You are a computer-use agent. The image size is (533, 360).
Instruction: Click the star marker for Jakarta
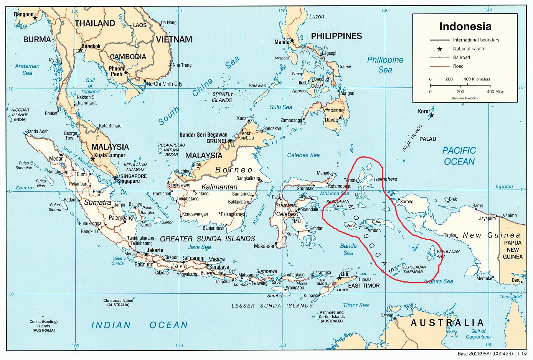[x=146, y=254]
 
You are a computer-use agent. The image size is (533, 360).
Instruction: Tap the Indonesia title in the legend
[x=465, y=27]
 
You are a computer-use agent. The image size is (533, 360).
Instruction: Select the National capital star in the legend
[x=440, y=49]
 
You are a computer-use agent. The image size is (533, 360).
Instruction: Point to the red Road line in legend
[x=440, y=66]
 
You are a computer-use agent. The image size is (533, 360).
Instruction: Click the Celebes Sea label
[x=303, y=155]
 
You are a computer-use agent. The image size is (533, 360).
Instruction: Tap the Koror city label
[x=424, y=112]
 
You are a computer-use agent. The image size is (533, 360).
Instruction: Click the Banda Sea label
[x=348, y=249]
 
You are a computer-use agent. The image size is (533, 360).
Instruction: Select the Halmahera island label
[x=385, y=179]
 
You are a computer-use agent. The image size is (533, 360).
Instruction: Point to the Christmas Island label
[x=118, y=302]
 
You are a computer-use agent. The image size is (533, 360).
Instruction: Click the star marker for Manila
[x=292, y=40]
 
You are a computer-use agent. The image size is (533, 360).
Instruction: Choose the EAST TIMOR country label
[x=364, y=286]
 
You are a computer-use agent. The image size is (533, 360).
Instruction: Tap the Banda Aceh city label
[x=38, y=132]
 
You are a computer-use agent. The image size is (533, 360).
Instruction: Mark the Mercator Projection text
[x=465, y=98]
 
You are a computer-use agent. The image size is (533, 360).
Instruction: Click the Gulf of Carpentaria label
[x=478, y=334]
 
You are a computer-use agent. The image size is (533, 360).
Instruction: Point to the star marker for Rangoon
[x=35, y=18]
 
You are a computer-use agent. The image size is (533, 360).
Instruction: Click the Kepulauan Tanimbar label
[x=414, y=270]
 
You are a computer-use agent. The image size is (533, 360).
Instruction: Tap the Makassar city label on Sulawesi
[x=264, y=246]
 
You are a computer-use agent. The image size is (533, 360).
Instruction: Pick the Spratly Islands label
[x=222, y=97]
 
